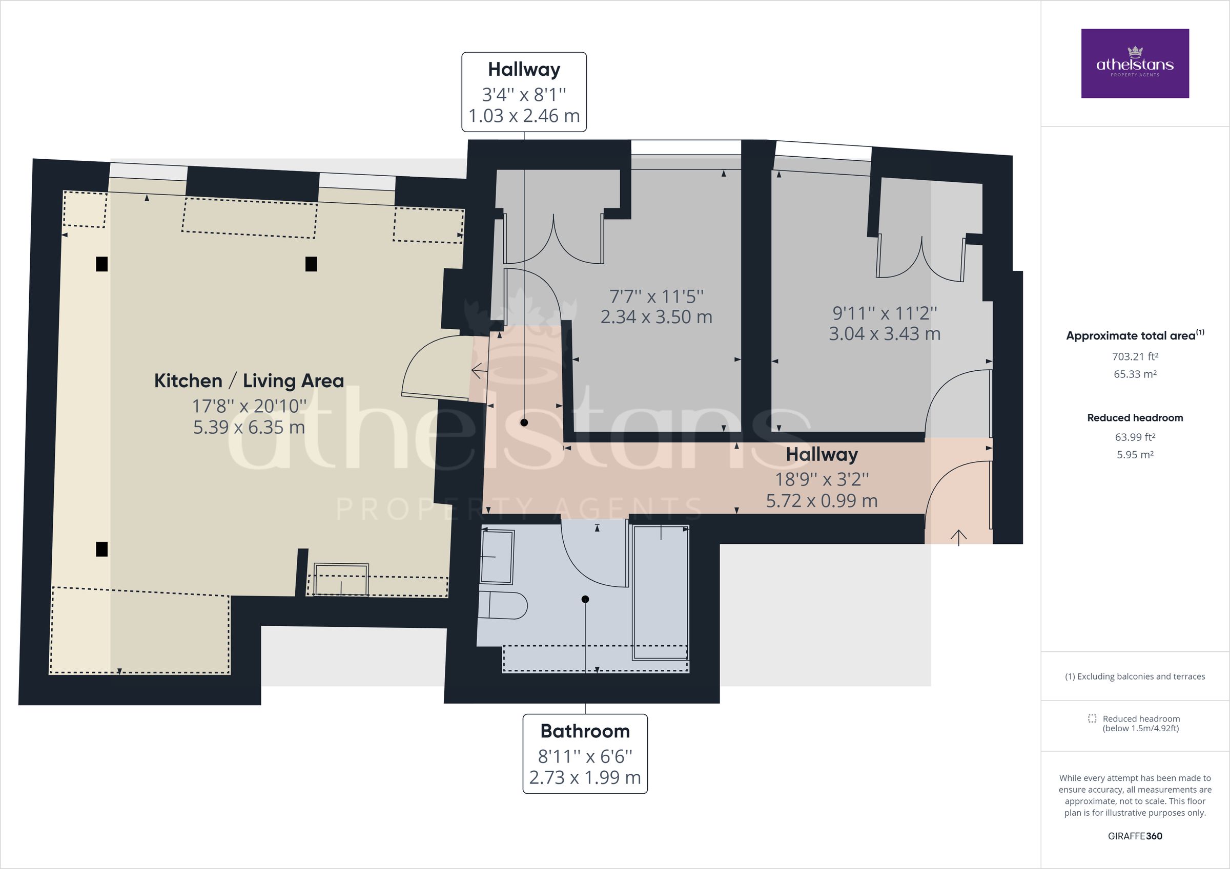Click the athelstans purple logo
[x=1135, y=63]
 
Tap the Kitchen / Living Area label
[x=249, y=380]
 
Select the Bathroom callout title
[x=585, y=731]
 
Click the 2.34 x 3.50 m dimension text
[x=656, y=317]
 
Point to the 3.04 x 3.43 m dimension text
[x=885, y=334]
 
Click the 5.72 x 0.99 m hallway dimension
[x=822, y=501]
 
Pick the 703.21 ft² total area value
[x=1135, y=356]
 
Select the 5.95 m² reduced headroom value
[x=1135, y=455]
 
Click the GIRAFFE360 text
[x=1135, y=836]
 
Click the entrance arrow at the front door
[x=958, y=537]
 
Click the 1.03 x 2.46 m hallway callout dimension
[x=524, y=116]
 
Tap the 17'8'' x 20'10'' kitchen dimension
[x=249, y=407]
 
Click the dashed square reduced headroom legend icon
[x=1092, y=718]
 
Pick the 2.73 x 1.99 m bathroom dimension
[x=585, y=777]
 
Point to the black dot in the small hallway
[x=524, y=422]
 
